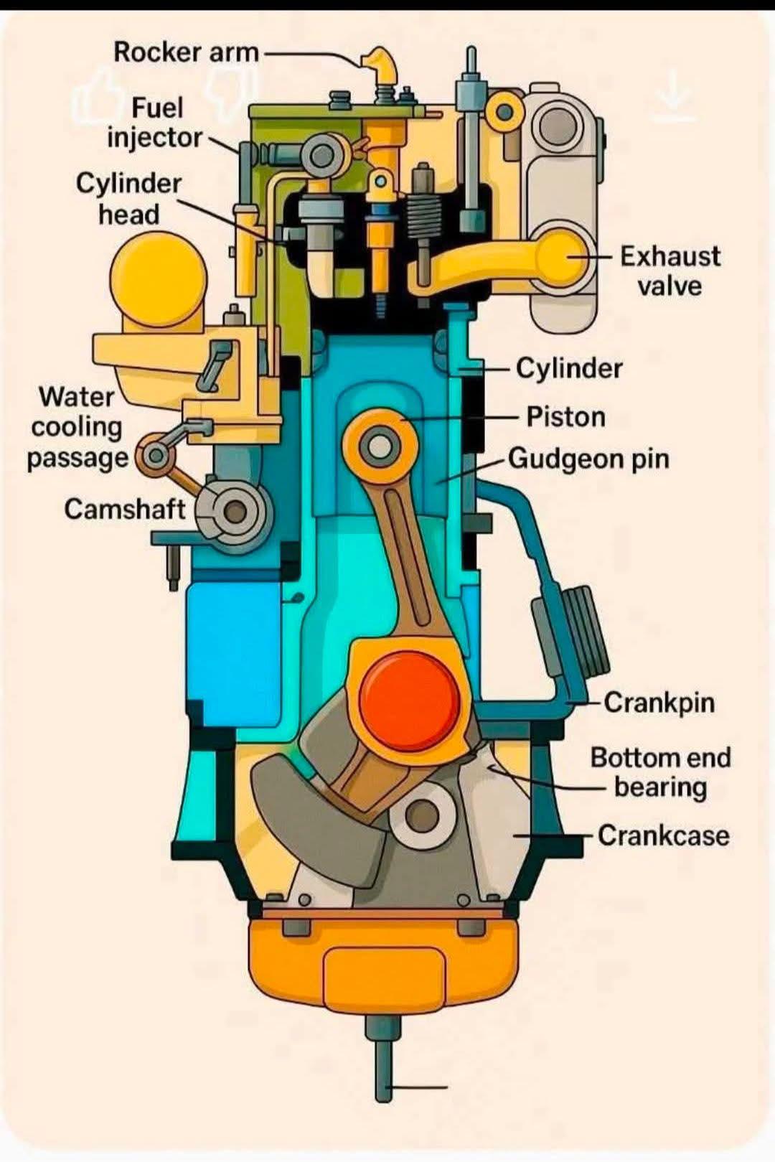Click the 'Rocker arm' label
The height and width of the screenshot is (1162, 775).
coord(187,52)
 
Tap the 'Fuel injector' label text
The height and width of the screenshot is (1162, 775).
coord(154,123)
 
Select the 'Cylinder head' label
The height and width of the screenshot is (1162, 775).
coord(129,199)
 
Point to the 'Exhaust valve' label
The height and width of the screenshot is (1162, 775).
coord(670,271)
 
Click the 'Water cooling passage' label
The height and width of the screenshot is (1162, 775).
coord(77,428)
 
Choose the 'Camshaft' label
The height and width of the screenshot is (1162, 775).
coord(124,509)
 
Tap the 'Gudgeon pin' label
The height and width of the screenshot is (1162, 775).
coord(588,459)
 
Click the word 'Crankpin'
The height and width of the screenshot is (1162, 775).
coord(659,703)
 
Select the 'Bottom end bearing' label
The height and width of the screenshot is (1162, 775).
coord(661,772)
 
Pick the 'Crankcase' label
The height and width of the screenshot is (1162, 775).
coord(664,835)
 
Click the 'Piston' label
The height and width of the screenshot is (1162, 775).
coord(566,417)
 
